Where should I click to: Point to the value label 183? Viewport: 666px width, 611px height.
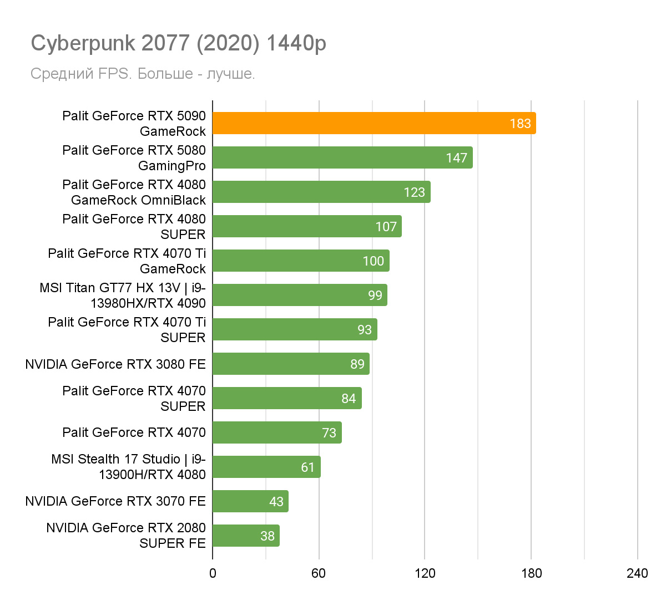tap(520, 124)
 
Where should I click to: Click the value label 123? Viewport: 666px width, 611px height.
tap(414, 192)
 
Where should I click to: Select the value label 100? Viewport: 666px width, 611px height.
tap(373, 261)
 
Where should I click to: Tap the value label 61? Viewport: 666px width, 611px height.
tap(308, 467)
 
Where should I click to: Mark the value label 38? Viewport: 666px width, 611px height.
tap(268, 536)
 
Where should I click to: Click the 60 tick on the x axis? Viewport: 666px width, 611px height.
tap(319, 573)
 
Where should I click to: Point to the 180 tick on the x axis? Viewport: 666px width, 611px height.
tap(531, 573)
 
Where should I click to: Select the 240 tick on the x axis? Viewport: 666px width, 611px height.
tap(637, 573)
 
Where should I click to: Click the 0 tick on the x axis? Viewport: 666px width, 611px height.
tap(213, 573)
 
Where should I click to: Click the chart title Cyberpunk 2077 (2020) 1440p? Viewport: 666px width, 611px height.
tap(178, 43)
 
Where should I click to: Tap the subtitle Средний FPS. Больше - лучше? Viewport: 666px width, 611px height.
tap(143, 74)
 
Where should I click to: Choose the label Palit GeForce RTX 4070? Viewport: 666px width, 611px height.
tap(134, 432)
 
